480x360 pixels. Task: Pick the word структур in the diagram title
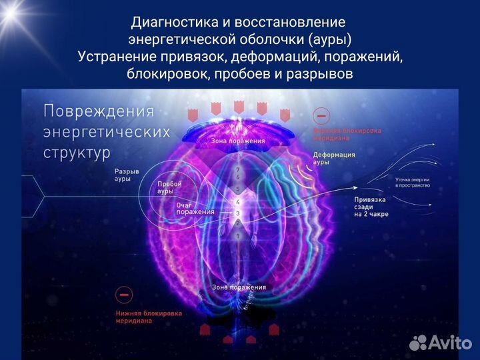click(77, 152)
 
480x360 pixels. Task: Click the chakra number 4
click(237, 201)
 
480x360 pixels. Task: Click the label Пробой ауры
click(169, 187)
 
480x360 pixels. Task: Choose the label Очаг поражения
click(195, 209)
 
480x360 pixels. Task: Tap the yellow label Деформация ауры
click(334, 158)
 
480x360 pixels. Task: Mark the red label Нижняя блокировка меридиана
click(143, 317)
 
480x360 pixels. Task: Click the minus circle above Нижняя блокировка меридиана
click(123, 295)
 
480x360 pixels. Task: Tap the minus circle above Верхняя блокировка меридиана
click(321, 116)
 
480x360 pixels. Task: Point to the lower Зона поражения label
click(239, 287)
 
